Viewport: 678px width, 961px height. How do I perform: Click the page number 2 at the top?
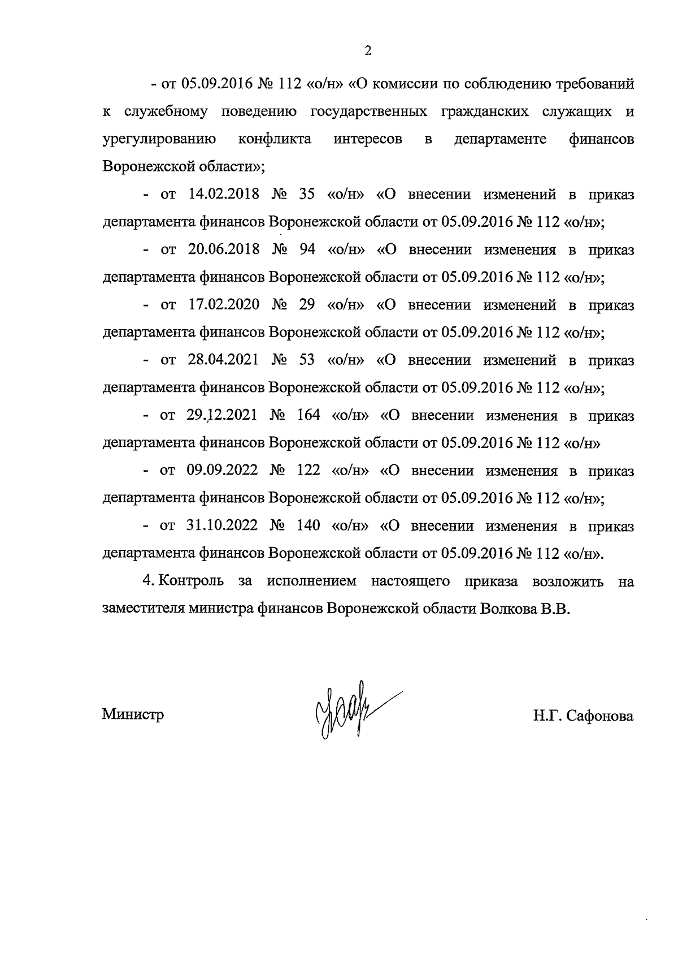368,51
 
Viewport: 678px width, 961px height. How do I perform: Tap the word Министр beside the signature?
133,714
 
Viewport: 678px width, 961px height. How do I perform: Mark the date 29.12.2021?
222,415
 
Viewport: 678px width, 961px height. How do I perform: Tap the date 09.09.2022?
222,471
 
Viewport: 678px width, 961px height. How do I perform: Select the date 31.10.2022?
222,525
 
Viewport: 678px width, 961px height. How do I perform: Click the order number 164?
308,415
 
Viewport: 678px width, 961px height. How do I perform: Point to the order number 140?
308,525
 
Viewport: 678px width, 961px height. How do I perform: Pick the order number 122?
308,471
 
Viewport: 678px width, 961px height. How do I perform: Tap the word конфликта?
275,139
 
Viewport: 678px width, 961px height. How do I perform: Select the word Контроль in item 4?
191,581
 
